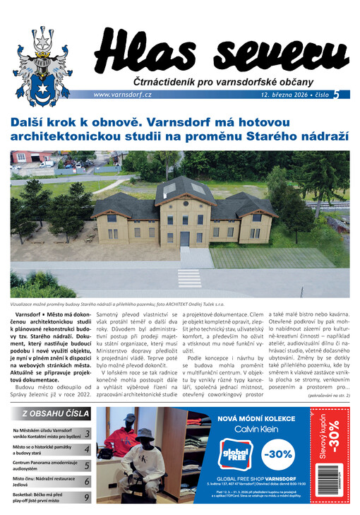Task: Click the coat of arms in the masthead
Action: [x=43, y=60]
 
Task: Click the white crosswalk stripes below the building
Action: [x=188, y=277]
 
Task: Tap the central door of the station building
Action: [x=185, y=238]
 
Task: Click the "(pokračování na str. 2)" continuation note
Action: [x=328, y=395]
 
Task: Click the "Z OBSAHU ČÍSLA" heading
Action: [x=56, y=413]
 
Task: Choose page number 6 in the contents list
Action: [x=86, y=482]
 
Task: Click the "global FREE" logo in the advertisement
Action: [x=234, y=452]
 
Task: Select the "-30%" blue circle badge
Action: [x=278, y=452]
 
